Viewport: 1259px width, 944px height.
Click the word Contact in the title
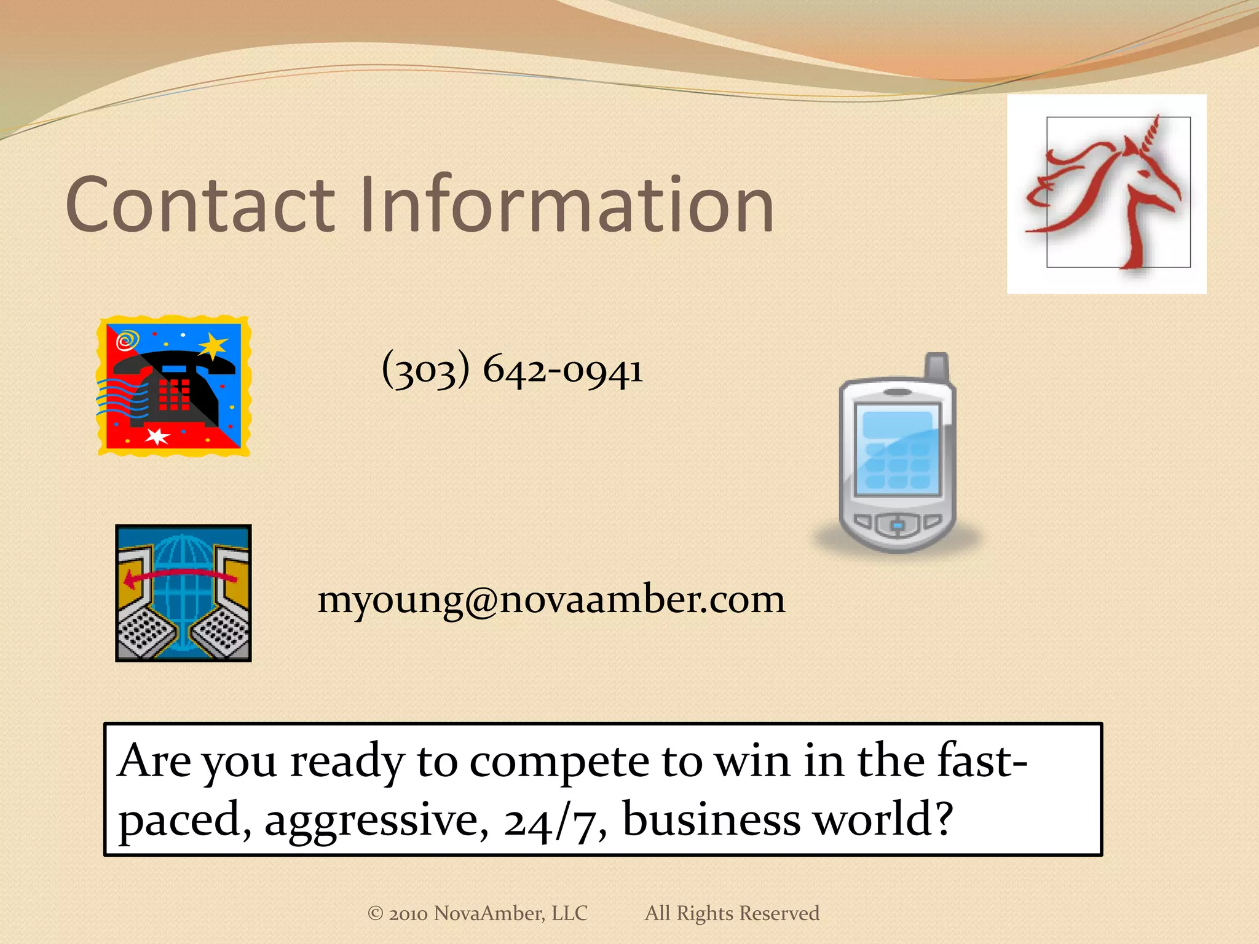tap(200, 205)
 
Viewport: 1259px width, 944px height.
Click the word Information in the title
tap(566, 205)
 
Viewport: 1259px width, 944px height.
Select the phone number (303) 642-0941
tap(512, 370)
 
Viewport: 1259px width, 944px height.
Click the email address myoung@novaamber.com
tap(551, 599)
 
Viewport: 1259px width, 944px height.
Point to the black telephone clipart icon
tap(174, 387)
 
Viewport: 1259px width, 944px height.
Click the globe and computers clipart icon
tap(183, 593)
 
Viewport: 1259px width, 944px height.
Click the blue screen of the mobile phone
tap(898, 449)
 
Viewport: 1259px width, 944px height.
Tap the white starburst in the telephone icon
tap(157, 436)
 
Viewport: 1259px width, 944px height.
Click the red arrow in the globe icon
tap(178, 576)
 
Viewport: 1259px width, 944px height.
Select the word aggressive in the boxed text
tap(376, 820)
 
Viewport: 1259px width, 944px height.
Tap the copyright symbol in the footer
tap(375, 913)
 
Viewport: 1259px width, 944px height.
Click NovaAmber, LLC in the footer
tap(510, 913)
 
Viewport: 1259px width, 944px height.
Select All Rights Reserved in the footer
tap(732, 913)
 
